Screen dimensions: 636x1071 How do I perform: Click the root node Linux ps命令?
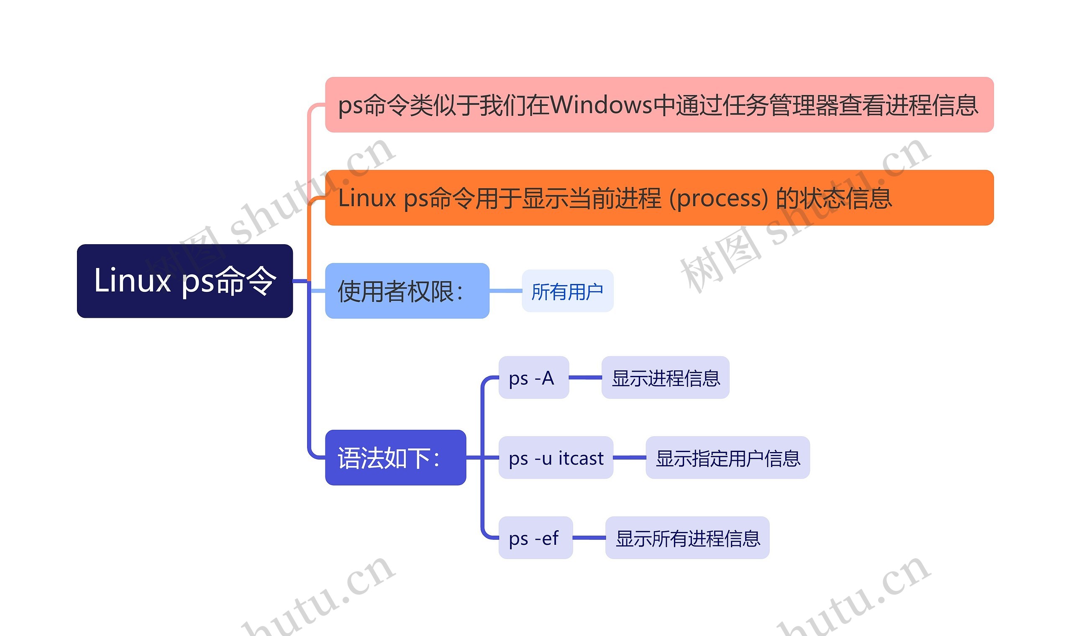185,281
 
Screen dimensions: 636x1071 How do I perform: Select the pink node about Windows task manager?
659,105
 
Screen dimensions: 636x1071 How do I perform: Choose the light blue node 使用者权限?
407,291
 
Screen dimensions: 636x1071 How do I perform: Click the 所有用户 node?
567,291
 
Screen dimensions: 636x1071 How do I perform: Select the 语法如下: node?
395,458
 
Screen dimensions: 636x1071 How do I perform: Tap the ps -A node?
533,378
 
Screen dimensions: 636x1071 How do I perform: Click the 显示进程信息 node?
665,378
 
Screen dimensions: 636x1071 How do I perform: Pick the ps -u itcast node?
556,458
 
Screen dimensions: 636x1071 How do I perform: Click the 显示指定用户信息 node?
728,458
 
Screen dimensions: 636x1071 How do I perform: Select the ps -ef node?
535,537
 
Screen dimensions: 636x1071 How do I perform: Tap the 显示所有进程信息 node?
687,537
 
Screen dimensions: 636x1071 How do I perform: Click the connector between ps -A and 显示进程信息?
585,378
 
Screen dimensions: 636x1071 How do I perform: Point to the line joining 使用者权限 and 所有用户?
505,291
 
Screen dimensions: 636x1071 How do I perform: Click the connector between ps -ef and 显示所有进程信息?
589,537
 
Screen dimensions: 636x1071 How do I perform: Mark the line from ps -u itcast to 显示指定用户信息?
629,457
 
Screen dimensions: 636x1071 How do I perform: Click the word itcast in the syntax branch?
581,458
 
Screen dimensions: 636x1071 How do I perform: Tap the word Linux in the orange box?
367,199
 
